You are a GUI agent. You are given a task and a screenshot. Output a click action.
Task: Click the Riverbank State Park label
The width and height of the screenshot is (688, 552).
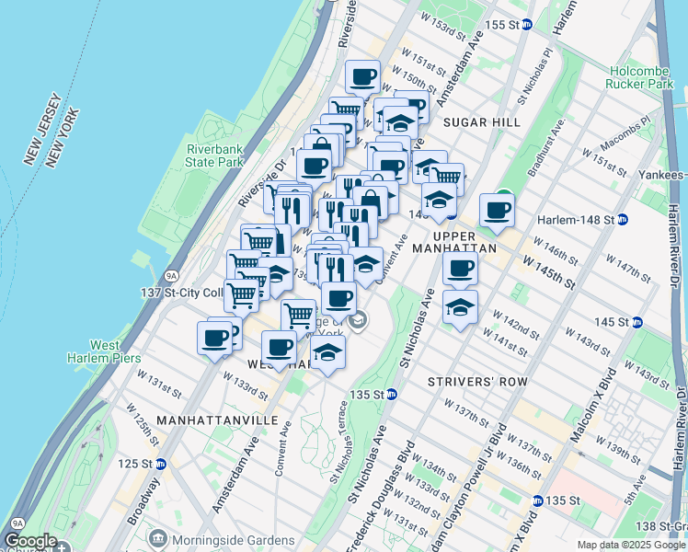coord(214,155)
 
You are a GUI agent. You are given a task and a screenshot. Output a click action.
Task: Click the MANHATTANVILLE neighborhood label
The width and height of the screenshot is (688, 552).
coord(217,420)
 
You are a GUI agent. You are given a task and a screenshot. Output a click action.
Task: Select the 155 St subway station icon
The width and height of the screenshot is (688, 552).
coord(527,25)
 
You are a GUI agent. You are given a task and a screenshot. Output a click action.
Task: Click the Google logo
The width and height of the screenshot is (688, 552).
coord(31,542)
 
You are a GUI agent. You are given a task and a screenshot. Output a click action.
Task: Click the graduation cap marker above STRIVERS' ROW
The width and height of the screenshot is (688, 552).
coord(460,306)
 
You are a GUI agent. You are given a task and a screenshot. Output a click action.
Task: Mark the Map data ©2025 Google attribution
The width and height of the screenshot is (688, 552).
coord(631,545)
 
